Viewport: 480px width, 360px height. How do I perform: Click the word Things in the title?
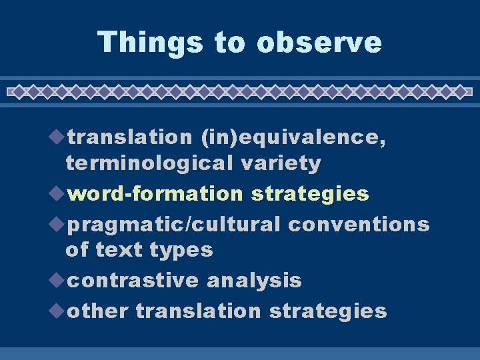(x=151, y=42)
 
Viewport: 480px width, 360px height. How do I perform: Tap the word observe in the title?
(x=319, y=42)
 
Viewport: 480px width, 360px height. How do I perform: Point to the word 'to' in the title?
(x=230, y=42)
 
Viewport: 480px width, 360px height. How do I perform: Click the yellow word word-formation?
(x=155, y=194)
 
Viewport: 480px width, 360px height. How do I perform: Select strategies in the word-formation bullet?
(x=309, y=194)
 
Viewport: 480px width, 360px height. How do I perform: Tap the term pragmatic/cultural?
(x=174, y=225)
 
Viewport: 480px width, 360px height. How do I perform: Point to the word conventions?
(x=359, y=225)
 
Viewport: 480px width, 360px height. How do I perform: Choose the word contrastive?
(x=134, y=281)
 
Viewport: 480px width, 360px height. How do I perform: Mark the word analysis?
(x=254, y=281)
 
